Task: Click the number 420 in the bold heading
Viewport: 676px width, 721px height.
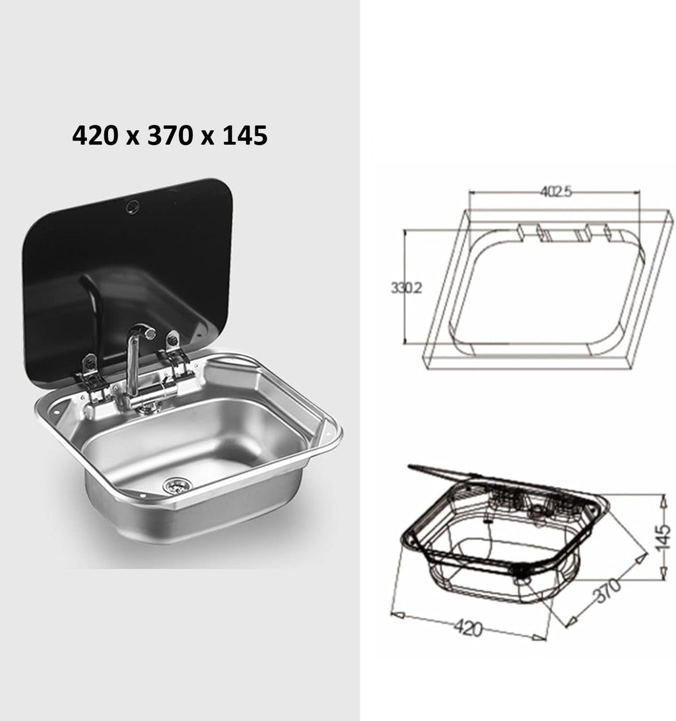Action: coord(92,135)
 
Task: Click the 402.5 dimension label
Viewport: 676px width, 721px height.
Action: coord(555,191)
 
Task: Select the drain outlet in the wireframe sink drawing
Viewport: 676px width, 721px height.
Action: coord(522,576)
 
